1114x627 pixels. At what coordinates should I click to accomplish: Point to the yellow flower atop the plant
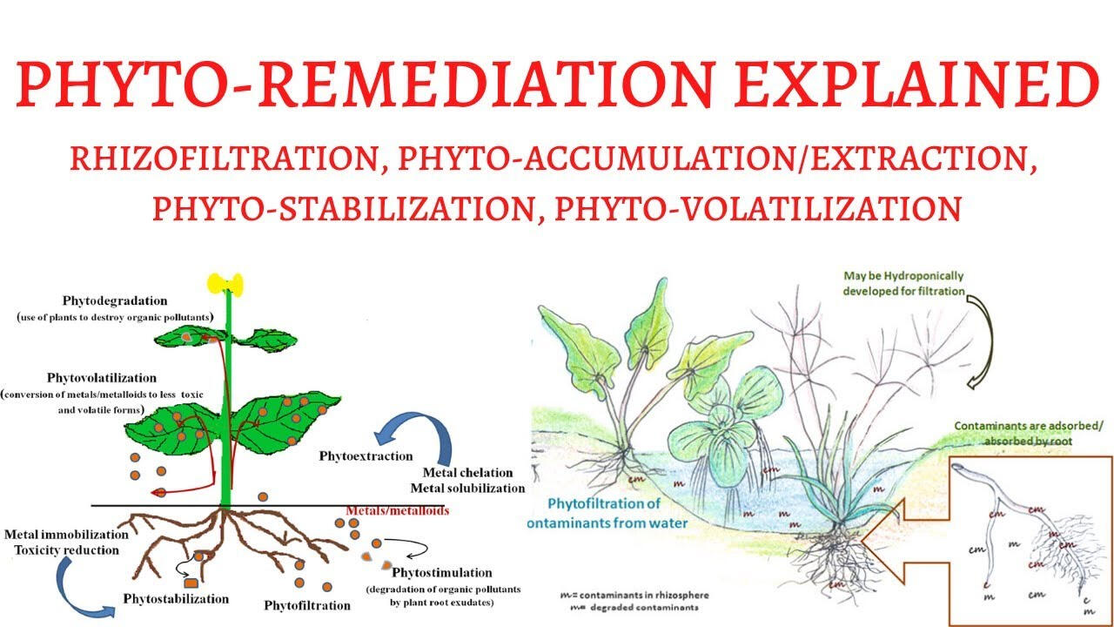pyautogui.click(x=225, y=284)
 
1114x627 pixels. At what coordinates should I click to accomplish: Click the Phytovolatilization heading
pyautogui.click(x=103, y=378)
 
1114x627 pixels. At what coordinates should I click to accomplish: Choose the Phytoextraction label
pyautogui.click(x=366, y=455)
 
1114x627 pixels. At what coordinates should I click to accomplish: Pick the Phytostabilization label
pyautogui.click(x=176, y=598)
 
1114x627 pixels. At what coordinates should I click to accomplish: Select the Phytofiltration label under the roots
pyautogui.click(x=307, y=604)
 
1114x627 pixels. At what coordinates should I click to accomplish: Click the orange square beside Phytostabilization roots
pyautogui.click(x=191, y=583)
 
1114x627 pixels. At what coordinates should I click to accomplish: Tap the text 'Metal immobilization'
pyautogui.click(x=66, y=534)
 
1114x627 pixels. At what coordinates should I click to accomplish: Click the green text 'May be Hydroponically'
pyautogui.click(x=903, y=276)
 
